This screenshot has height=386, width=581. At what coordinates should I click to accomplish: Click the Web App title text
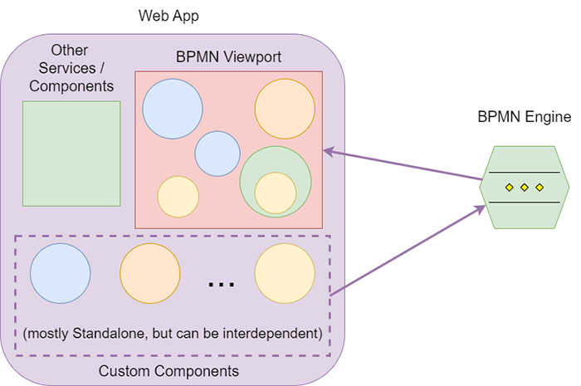(170, 17)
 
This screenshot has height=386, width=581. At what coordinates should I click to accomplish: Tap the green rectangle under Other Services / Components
(71, 154)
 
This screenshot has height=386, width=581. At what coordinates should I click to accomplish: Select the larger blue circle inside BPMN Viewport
(173, 109)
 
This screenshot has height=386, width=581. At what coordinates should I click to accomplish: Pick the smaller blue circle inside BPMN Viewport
(217, 154)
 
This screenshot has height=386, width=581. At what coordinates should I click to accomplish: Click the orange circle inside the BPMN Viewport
(285, 109)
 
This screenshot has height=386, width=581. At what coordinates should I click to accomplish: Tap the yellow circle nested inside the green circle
(276, 193)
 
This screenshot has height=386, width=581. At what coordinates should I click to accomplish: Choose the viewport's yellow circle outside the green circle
(178, 197)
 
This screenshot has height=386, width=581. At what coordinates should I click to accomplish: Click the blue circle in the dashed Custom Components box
(61, 275)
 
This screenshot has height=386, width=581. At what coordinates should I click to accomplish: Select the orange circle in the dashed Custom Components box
(150, 275)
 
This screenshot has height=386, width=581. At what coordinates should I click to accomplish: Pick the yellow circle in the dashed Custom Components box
(285, 275)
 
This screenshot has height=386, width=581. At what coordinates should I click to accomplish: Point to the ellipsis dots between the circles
(222, 284)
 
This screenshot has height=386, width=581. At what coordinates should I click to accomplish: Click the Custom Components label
(168, 371)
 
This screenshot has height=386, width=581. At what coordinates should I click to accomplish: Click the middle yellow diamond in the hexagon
(525, 188)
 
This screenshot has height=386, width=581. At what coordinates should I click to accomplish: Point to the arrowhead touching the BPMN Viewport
(328, 151)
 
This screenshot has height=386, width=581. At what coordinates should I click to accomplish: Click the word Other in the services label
(70, 51)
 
